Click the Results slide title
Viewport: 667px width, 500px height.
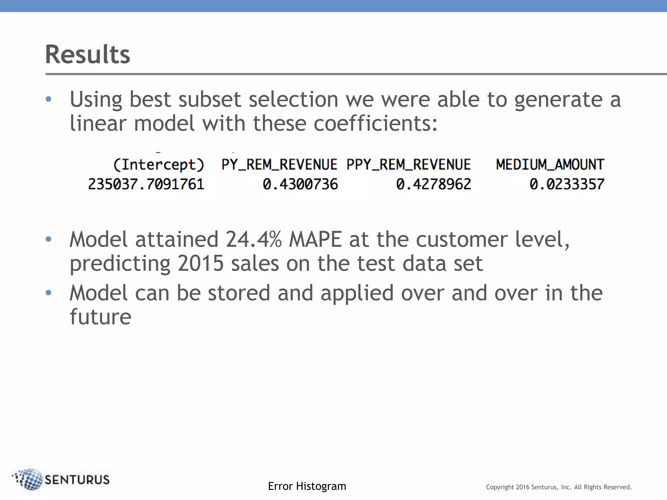click(x=88, y=54)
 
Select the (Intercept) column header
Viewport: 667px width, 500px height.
click(x=159, y=165)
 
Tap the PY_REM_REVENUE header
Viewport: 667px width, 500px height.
click(x=279, y=165)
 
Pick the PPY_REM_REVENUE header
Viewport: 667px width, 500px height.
click(x=408, y=165)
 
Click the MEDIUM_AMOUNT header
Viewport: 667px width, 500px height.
click(x=550, y=165)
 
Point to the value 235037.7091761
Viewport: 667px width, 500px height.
click(x=146, y=184)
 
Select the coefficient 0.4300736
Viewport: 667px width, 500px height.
click(x=300, y=184)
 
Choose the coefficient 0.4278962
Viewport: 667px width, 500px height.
click(x=433, y=184)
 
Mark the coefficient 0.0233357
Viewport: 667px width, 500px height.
click(x=567, y=184)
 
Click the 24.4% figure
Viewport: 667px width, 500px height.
click(x=253, y=240)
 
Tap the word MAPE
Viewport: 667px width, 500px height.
click(x=315, y=240)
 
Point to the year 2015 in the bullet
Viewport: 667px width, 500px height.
click(x=201, y=263)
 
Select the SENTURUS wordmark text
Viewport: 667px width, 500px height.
click(x=77, y=480)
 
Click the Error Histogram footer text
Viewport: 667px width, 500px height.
click(x=307, y=486)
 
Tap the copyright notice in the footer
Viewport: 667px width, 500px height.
click(x=559, y=487)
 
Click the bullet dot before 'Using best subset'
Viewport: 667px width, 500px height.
click(x=49, y=99)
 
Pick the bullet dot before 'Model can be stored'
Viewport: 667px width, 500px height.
click(x=49, y=293)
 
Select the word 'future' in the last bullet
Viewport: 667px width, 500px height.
click(x=100, y=317)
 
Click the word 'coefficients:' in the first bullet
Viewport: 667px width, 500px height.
click(x=376, y=124)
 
